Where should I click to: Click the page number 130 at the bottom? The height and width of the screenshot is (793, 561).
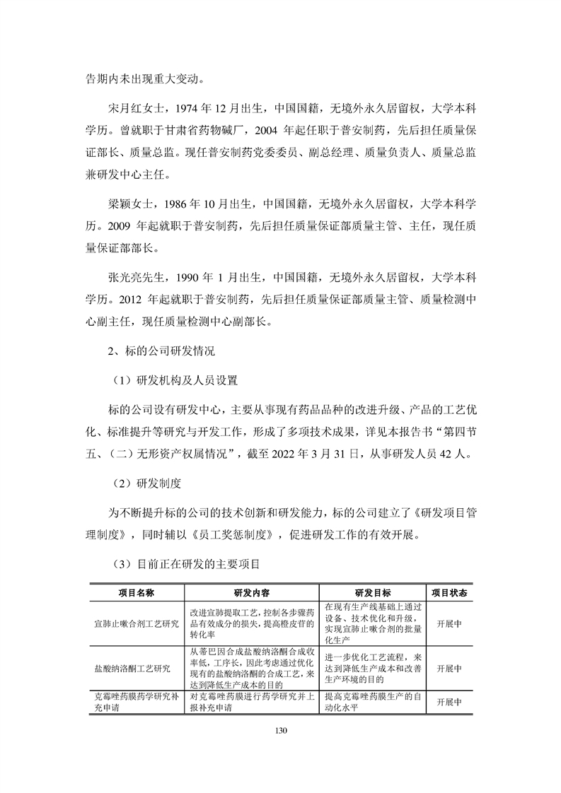[280, 729]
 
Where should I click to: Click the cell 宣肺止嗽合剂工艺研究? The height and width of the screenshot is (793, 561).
[137, 625]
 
